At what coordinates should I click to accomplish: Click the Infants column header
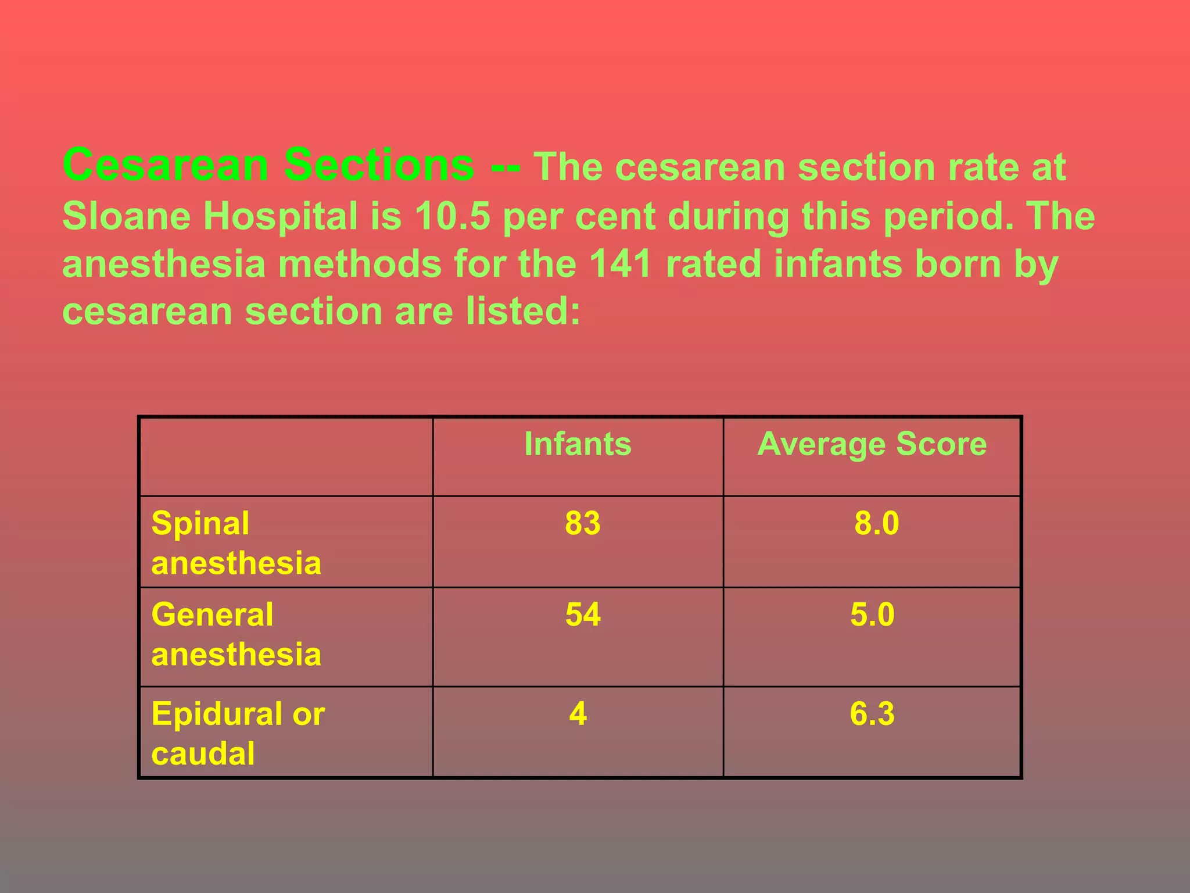coord(578,444)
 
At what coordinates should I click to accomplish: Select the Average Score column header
coord(872,444)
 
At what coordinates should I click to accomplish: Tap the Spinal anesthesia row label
coord(236,542)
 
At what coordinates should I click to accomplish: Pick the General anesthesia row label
coord(236,634)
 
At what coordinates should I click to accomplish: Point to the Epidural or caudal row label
coord(238,733)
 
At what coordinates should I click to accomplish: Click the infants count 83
coord(582,523)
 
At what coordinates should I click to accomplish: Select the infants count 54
coord(582,615)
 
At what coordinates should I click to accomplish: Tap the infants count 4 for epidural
coord(578,713)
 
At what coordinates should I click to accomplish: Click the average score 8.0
coord(876,523)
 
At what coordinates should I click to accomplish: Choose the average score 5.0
coord(872,615)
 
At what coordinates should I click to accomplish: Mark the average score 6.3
coord(872,713)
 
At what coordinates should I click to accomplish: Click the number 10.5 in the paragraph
coord(452,216)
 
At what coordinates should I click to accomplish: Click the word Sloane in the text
coord(126,216)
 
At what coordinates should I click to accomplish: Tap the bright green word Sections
coord(379,165)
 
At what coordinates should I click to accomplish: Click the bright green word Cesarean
coord(166,165)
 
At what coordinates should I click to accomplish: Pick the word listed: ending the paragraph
coord(523,311)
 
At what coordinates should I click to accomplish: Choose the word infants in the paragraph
coord(838,263)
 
